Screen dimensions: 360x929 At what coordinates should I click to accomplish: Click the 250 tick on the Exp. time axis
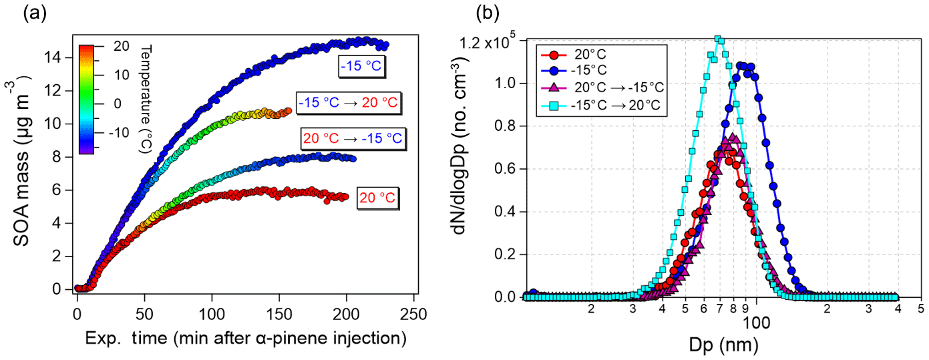point(414,313)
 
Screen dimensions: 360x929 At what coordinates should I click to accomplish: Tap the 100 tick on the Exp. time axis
point(212,313)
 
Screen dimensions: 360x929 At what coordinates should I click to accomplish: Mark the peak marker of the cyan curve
point(719,39)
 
